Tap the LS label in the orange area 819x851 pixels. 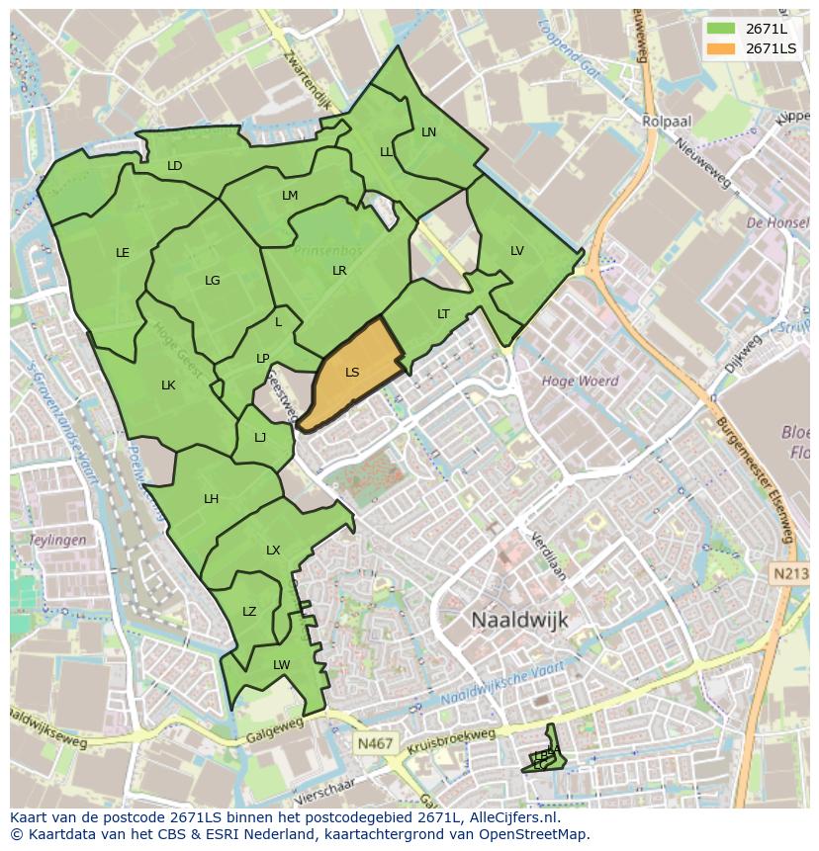pos(352,373)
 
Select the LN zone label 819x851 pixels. pos(428,131)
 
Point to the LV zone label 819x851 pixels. pos(516,251)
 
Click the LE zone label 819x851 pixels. pos(123,253)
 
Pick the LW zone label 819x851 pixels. pos(282,665)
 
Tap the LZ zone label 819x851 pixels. pos(249,612)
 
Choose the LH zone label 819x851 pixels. pos(211,499)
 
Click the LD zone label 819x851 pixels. pos(175,166)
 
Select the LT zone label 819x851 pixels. pos(443,314)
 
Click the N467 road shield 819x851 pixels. pos(373,740)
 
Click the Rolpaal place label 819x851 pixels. pos(666,121)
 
